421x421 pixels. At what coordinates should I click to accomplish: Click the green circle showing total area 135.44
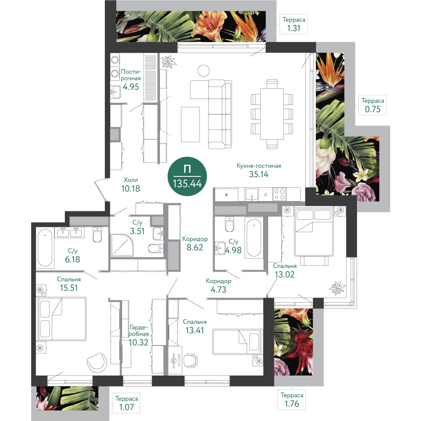[x=187, y=176]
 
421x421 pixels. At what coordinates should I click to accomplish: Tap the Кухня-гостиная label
[x=258, y=165]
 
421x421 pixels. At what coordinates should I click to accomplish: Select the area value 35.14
[x=258, y=174]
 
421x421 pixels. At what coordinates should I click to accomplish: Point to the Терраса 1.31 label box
[x=294, y=24]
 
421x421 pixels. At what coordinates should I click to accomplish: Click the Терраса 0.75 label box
[x=373, y=105]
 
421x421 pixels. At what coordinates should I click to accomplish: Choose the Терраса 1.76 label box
[x=292, y=400]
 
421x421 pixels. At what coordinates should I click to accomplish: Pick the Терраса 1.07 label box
[x=126, y=403]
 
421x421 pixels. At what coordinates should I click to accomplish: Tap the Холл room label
[x=131, y=180]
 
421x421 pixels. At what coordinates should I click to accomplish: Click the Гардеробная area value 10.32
[x=139, y=342]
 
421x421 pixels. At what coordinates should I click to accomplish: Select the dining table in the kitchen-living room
[x=272, y=114]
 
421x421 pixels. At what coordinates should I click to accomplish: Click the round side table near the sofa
[x=203, y=71]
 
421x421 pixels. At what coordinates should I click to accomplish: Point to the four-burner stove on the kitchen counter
[x=279, y=194]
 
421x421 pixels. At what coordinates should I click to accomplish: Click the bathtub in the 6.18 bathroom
[x=45, y=248]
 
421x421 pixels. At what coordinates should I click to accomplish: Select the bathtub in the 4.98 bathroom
[x=253, y=238]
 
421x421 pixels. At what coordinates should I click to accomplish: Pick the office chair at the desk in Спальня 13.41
[x=191, y=360]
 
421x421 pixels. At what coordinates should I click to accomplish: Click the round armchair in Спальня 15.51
[x=97, y=362]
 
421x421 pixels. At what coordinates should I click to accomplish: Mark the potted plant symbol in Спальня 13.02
[x=337, y=288]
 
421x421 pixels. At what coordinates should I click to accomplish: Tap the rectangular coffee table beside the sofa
[x=190, y=124]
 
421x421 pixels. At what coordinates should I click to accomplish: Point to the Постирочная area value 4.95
[x=131, y=87]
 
